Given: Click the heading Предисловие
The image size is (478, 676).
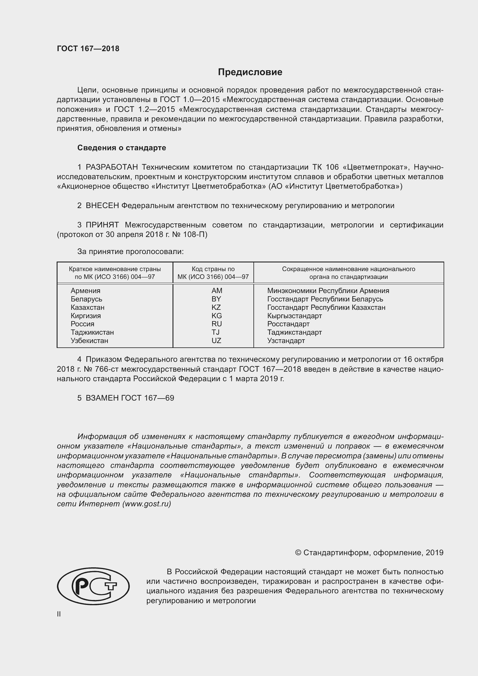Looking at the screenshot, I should pyautogui.click(x=250, y=72).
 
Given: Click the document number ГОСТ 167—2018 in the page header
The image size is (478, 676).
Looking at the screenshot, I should pyautogui.click(x=88, y=49).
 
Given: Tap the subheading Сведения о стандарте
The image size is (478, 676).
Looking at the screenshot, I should pyautogui.click(x=122, y=148).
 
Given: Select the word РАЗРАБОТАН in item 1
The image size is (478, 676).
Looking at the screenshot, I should pyautogui.click(x=112, y=167).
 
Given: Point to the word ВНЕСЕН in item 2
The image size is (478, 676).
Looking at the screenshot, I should pyautogui.click(x=102, y=205).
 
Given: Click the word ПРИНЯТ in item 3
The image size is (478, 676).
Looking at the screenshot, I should pyautogui.click(x=102, y=225).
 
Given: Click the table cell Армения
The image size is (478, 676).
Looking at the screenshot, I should pyautogui.click(x=85, y=290).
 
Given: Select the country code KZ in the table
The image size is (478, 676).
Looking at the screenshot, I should pyautogui.click(x=216, y=308).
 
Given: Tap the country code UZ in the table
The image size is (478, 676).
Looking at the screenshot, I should pyautogui.click(x=216, y=341).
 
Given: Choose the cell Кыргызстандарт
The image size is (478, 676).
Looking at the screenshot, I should pyautogui.click(x=294, y=316).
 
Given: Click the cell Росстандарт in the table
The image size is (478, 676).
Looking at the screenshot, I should pyautogui.click(x=288, y=324).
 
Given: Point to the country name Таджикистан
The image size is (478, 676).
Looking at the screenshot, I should pyautogui.click(x=92, y=332).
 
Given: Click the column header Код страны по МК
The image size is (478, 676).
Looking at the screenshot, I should pyautogui.click(x=213, y=273).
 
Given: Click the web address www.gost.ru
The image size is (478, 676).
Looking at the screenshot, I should pyautogui.click(x=147, y=504).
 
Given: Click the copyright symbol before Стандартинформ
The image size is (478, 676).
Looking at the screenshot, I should pyautogui.click(x=298, y=553).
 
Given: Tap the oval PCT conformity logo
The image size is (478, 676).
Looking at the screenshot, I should pyautogui.click(x=93, y=586).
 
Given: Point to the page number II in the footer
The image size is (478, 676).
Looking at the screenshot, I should pyautogui.click(x=59, y=614).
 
